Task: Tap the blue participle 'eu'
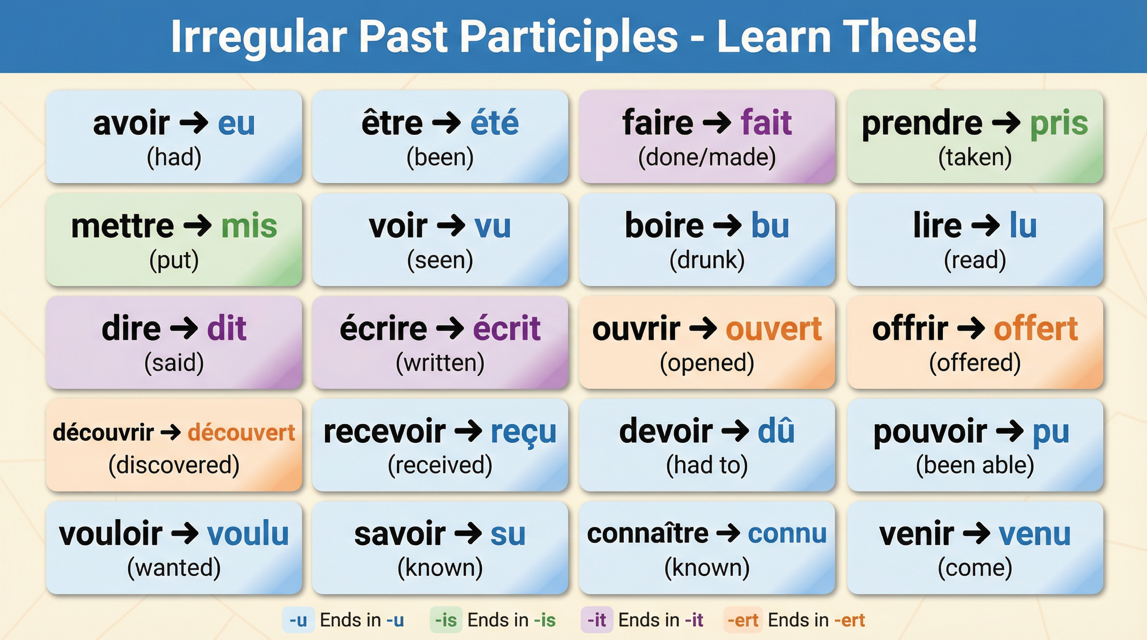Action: [236, 123]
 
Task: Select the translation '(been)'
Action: [440, 157]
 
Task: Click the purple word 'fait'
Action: [766, 122]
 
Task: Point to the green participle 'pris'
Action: [1059, 123]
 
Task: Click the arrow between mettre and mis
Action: [198, 226]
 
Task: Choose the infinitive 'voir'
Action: [398, 226]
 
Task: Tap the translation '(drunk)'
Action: [707, 260]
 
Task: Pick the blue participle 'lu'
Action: [1023, 226]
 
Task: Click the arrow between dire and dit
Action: [184, 328]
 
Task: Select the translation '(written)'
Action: [440, 363]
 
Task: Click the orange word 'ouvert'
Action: [774, 329]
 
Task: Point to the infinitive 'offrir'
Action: [910, 329]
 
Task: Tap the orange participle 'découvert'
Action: [241, 432]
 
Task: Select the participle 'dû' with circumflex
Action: [776, 431]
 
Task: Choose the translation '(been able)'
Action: [975, 465]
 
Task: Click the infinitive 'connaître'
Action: [647, 534]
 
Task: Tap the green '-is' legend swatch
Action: [446, 620]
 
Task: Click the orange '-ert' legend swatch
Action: [743, 620]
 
